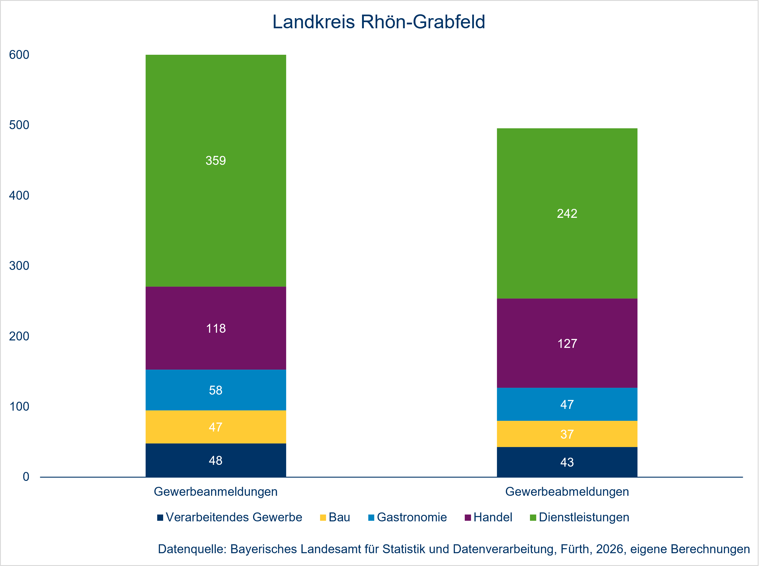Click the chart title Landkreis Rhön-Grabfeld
coord(378,22)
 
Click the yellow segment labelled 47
coord(216,427)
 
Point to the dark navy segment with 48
coord(216,460)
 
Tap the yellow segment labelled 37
coord(567,434)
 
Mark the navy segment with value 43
coord(567,462)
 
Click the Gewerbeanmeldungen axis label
coord(216,492)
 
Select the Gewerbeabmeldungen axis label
coord(567,492)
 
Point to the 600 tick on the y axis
coord(19,55)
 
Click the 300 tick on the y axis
coord(19,265)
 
